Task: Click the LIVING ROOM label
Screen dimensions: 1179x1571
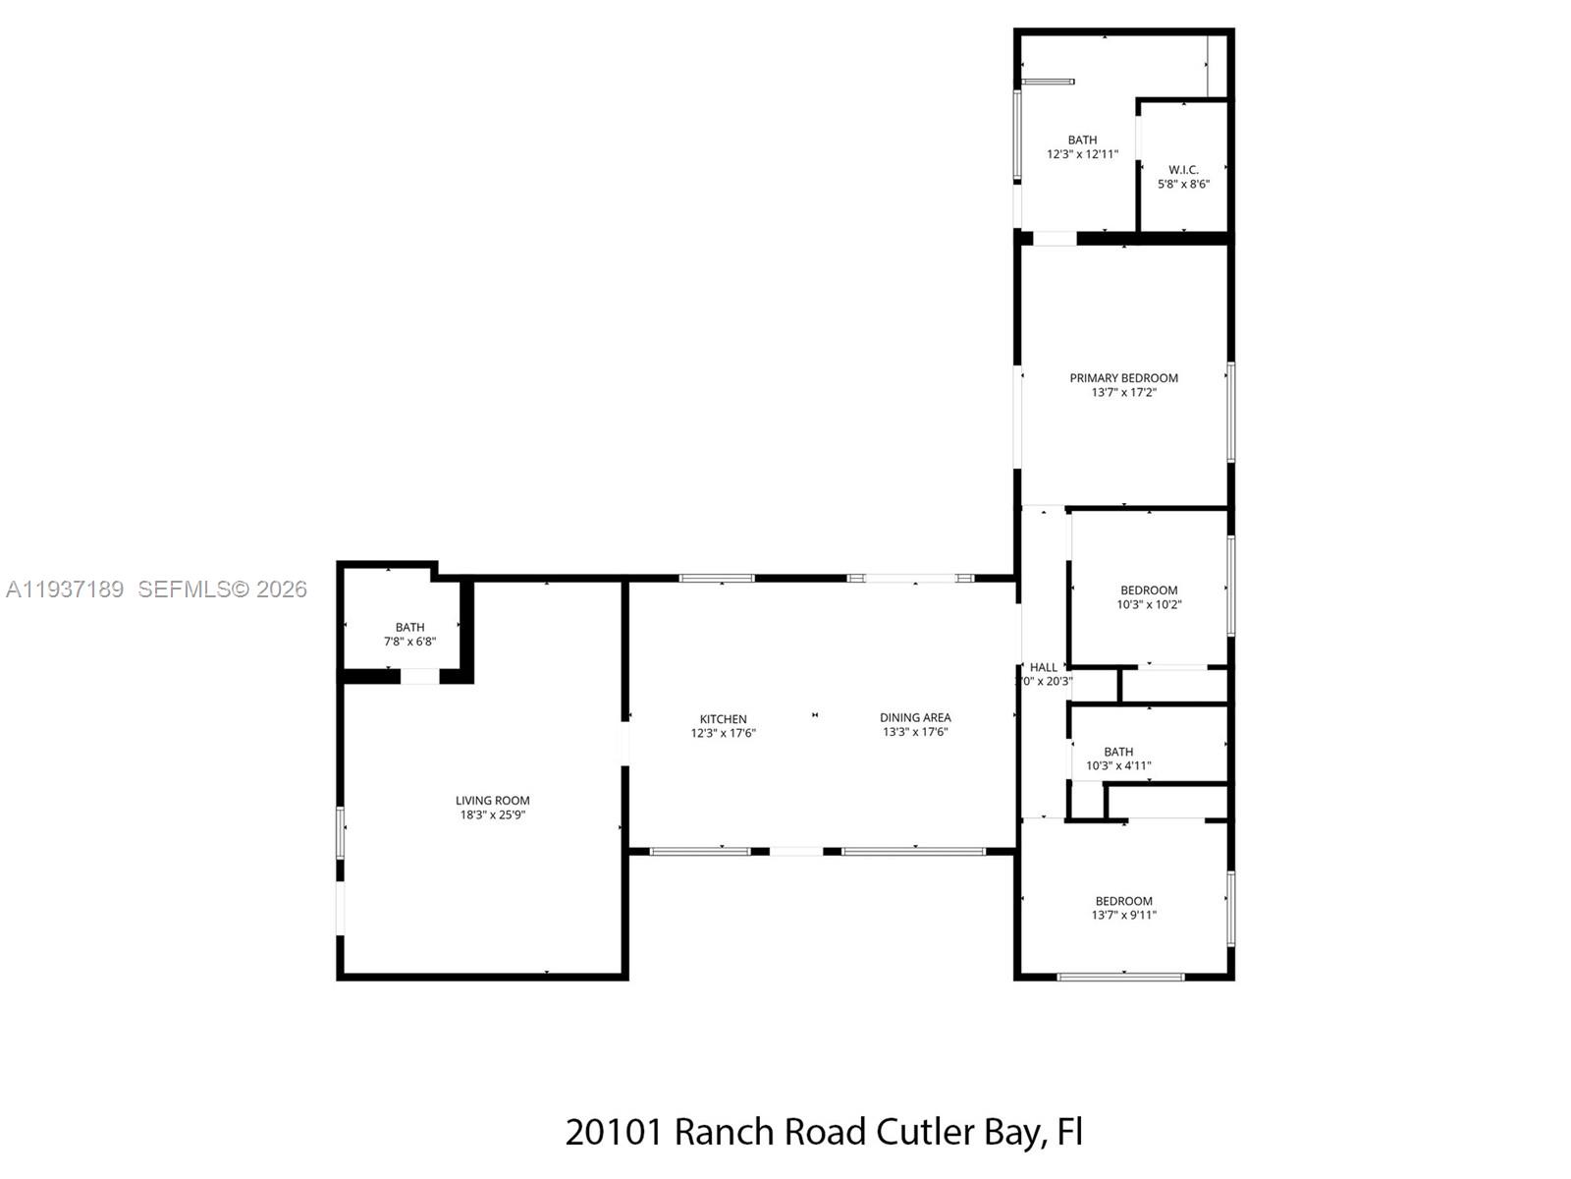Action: (x=492, y=801)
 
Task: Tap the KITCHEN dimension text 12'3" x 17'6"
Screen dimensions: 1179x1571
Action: (x=723, y=733)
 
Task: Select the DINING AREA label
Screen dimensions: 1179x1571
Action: (x=915, y=717)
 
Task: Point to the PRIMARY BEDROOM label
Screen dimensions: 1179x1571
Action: (x=1123, y=377)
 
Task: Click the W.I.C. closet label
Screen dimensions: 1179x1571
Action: (x=1183, y=170)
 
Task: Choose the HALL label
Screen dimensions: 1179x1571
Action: (x=1044, y=667)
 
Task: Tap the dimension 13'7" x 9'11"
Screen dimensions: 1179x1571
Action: (x=1123, y=915)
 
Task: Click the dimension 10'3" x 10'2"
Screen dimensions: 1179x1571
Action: (x=1149, y=604)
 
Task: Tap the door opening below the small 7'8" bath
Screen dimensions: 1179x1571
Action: (x=419, y=676)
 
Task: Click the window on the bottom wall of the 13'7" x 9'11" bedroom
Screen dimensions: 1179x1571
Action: (x=1120, y=977)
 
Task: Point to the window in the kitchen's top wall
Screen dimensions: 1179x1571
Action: (x=717, y=578)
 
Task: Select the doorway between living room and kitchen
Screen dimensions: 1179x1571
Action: (x=623, y=744)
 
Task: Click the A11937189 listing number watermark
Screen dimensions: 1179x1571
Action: (x=65, y=589)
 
